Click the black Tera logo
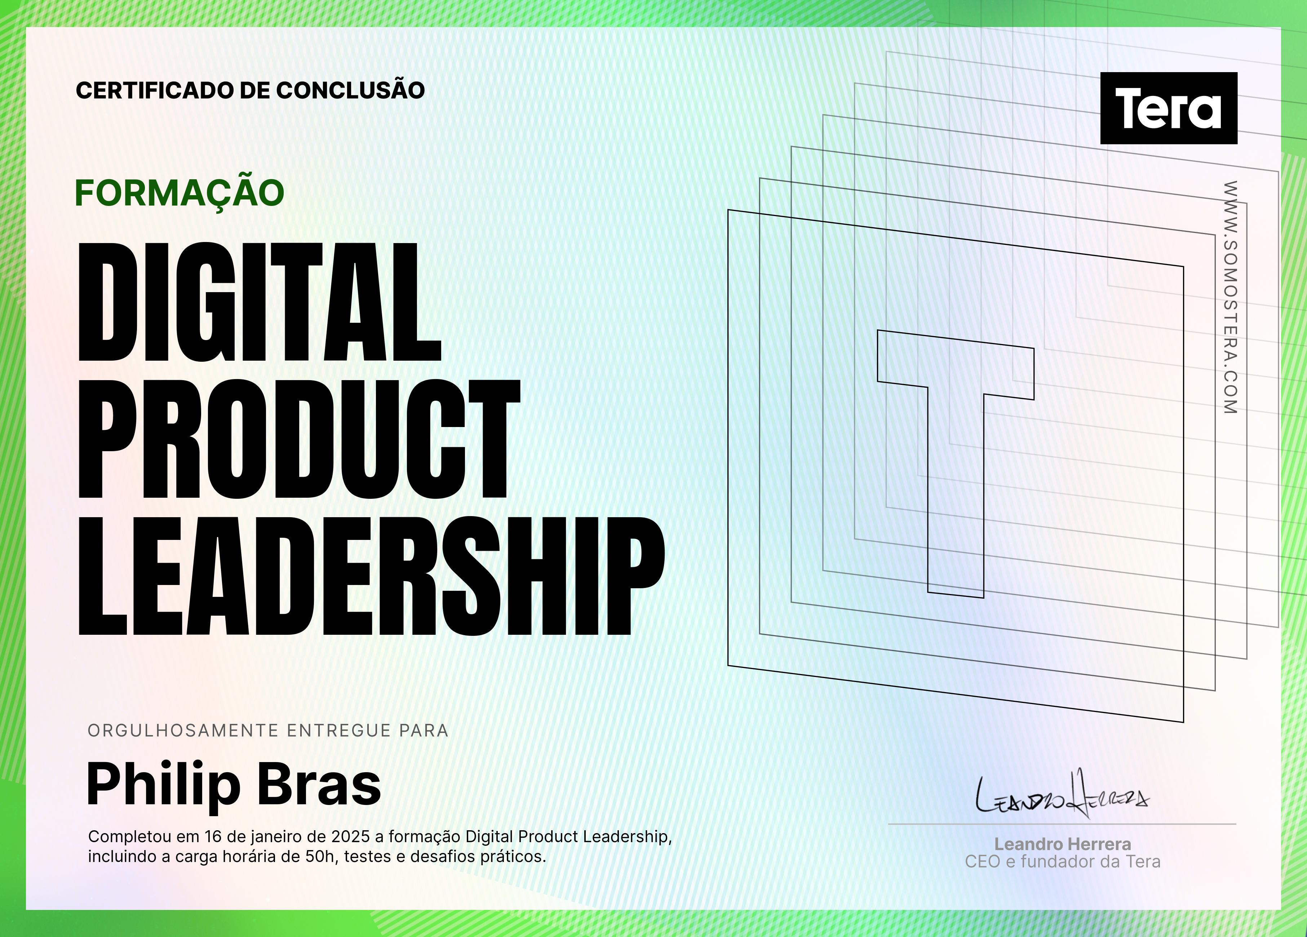coord(1169,108)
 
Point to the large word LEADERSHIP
coord(372,576)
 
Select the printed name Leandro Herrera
coord(1063,844)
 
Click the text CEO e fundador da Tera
coord(1063,862)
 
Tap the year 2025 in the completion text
coord(350,837)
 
